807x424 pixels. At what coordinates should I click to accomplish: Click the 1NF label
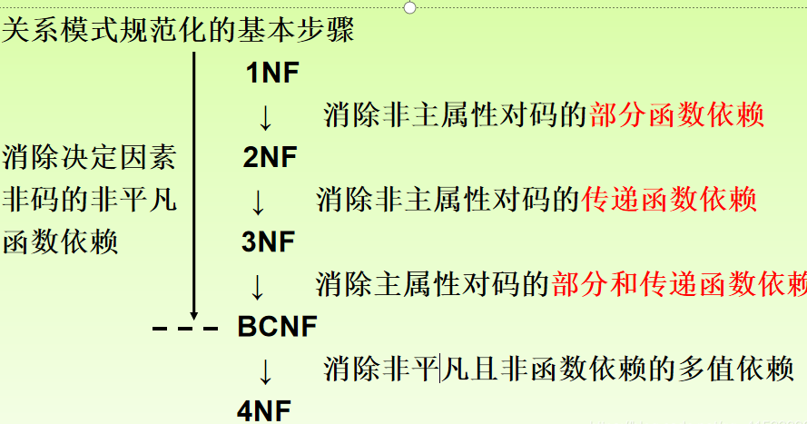point(272,73)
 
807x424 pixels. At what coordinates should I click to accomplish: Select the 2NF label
point(270,158)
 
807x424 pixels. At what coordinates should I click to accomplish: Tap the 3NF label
point(270,242)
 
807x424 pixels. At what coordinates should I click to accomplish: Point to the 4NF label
point(264,409)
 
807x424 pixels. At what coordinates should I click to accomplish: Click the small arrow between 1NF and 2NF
point(265,117)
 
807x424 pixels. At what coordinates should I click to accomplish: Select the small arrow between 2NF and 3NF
point(259,202)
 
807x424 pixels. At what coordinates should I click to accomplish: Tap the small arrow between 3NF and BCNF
point(258,286)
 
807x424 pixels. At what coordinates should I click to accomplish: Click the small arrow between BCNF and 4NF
point(265,370)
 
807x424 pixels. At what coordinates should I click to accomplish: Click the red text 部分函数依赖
point(676,115)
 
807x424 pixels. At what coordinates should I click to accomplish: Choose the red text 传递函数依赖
point(669,200)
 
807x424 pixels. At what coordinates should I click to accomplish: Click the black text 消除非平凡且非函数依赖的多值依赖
point(559,369)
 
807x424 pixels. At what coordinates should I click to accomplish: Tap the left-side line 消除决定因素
point(89,158)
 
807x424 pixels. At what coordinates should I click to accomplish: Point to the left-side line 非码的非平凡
point(89,200)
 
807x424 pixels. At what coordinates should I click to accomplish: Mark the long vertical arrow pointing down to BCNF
point(193,182)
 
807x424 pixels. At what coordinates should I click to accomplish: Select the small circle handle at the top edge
point(409,7)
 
